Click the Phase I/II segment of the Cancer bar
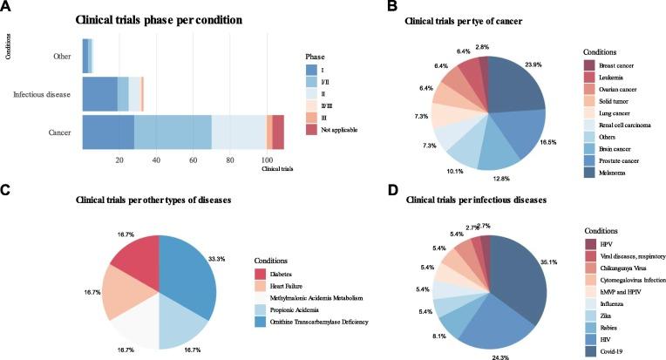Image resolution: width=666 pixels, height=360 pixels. (x=173, y=132)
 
